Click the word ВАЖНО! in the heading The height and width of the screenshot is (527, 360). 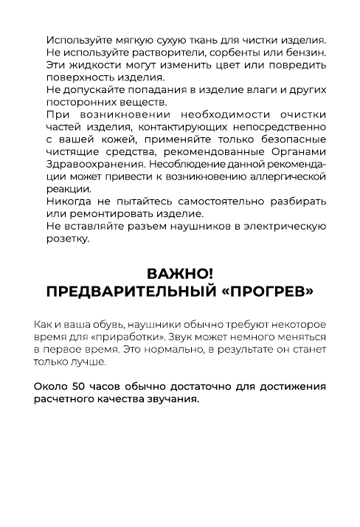(x=179, y=274)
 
